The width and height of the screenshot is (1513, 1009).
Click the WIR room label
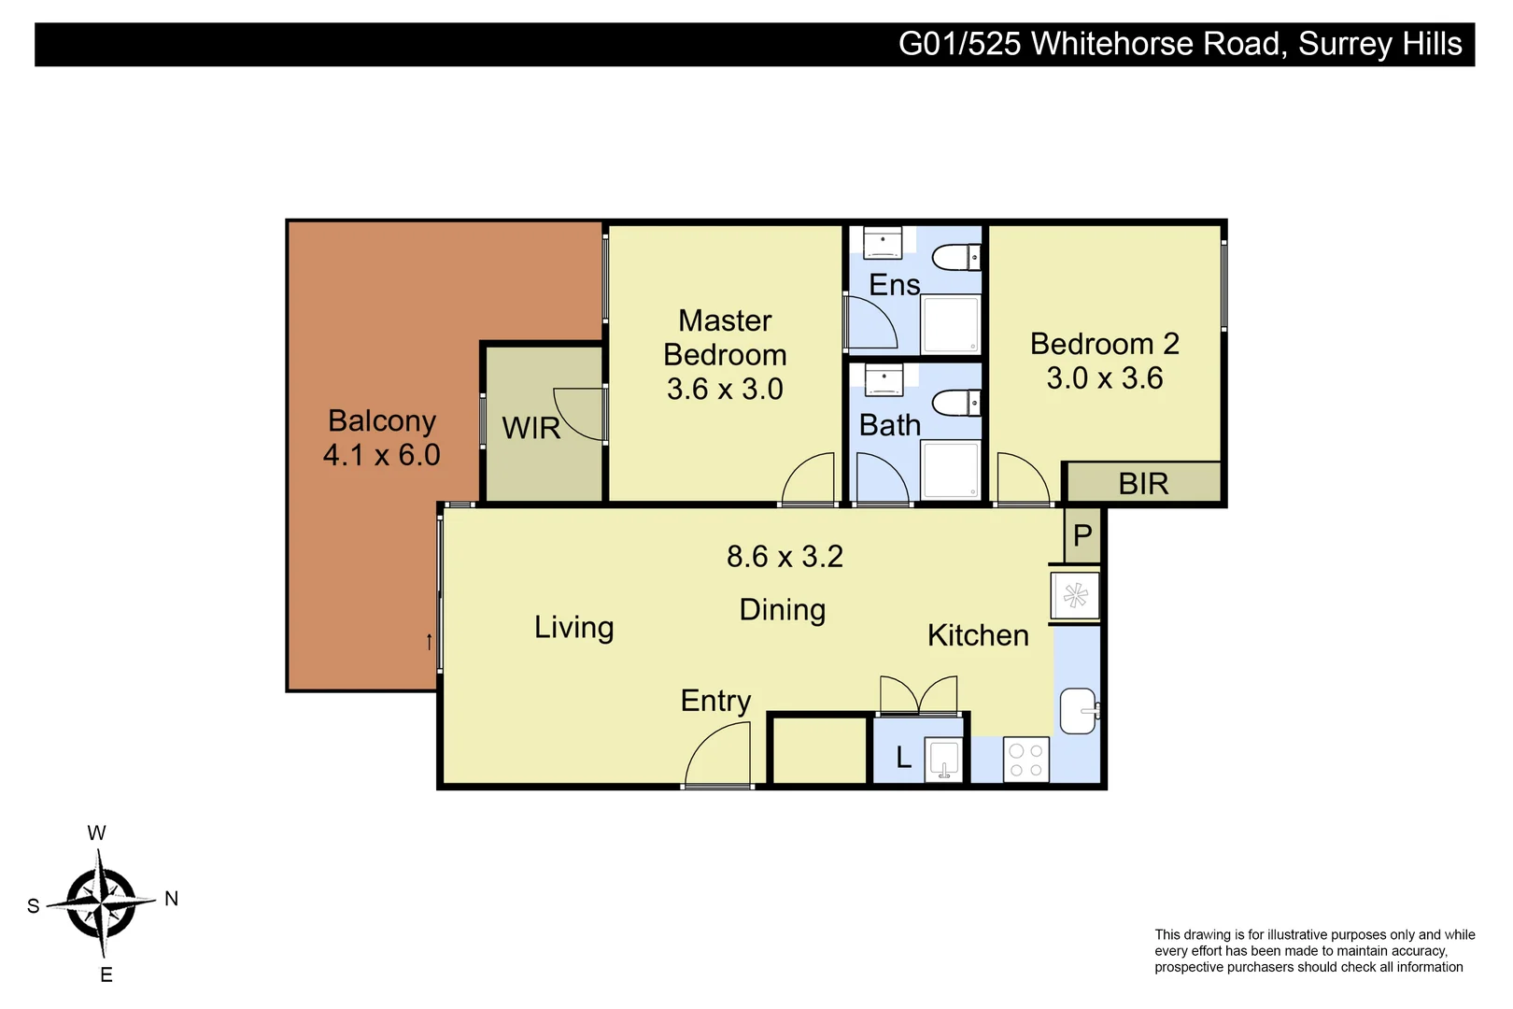pyautogui.click(x=530, y=428)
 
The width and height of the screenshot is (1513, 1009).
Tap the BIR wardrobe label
pyautogui.click(x=1143, y=484)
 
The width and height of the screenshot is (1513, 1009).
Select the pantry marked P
pyautogui.click(x=1082, y=536)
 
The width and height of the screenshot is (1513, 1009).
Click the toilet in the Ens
pyautogui.click(x=955, y=256)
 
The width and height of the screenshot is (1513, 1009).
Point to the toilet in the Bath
pyautogui.click(x=955, y=404)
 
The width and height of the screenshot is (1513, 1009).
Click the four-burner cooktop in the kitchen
pyautogui.click(x=1025, y=759)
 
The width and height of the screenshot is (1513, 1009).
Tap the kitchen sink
pyautogui.click(x=1078, y=712)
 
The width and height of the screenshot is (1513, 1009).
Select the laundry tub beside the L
pyautogui.click(x=944, y=759)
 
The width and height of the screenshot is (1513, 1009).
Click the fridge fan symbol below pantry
pyautogui.click(x=1075, y=596)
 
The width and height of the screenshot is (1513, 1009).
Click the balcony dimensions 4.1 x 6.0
pyautogui.click(x=381, y=455)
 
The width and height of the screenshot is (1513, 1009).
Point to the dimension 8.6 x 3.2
pyautogui.click(x=785, y=557)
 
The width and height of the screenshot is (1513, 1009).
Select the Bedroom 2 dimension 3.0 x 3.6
pyautogui.click(x=1104, y=378)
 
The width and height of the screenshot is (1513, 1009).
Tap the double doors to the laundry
pyautogui.click(x=919, y=695)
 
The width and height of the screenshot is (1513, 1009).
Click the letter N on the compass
pyautogui.click(x=171, y=899)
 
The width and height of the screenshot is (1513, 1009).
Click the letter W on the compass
pyautogui.click(x=96, y=833)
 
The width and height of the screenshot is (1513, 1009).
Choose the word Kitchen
pyautogui.click(x=978, y=635)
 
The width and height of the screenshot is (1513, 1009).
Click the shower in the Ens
pyautogui.click(x=951, y=324)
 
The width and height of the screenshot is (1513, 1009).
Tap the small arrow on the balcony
pyautogui.click(x=429, y=642)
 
